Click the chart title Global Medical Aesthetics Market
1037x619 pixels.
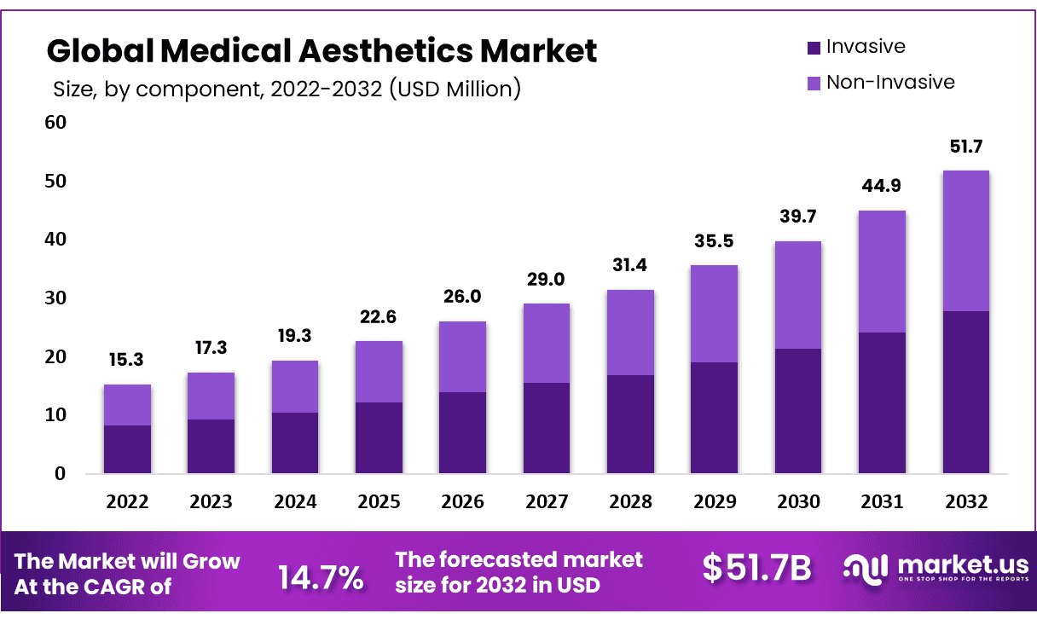(x=322, y=51)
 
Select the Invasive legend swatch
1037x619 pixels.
(x=813, y=47)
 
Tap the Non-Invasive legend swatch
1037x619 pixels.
(x=813, y=83)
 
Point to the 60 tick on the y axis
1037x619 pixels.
(x=55, y=123)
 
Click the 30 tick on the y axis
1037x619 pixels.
(x=55, y=298)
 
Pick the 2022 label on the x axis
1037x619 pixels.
(x=127, y=502)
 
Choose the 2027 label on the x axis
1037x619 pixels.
(x=547, y=502)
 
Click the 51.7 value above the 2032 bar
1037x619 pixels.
(x=965, y=147)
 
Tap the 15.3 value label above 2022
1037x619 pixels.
(x=127, y=361)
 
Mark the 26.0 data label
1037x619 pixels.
(x=463, y=297)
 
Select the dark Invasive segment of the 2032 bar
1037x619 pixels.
(x=965, y=392)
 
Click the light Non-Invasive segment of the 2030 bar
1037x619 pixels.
(x=797, y=295)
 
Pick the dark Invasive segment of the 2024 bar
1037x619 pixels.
(x=295, y=443)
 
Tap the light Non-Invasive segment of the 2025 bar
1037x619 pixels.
(x=379, y=372)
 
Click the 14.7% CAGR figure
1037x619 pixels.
(x=321, y=578)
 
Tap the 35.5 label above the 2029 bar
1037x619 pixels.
(x=715, y=241)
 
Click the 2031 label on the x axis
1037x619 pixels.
(x=882, y=502)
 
